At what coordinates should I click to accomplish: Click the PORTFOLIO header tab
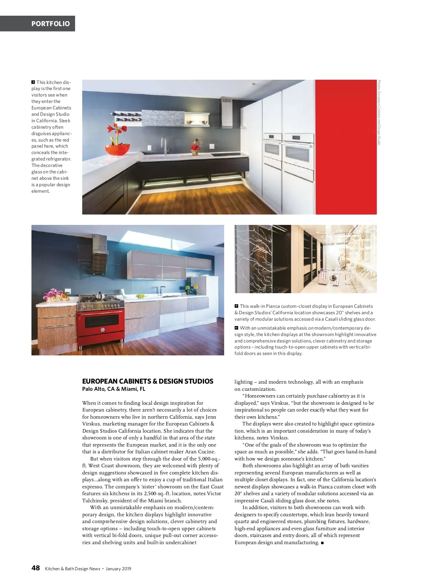point(50,24)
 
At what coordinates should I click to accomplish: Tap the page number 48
point(35,568)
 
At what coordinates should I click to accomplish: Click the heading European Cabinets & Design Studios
point(148,381)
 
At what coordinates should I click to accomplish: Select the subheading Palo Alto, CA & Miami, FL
point(114,389)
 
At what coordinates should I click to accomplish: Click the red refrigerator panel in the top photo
point(346,147)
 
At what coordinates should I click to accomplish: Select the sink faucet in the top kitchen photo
point(164,146)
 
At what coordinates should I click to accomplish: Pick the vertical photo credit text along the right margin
point(379,112)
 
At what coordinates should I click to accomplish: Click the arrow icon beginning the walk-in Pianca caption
point(236,306)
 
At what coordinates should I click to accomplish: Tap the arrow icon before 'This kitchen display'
point(33,82)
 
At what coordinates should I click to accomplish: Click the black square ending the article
point(322,543)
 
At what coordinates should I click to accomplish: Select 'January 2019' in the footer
point(119,569)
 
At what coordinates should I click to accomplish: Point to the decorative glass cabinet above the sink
point(163,118)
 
